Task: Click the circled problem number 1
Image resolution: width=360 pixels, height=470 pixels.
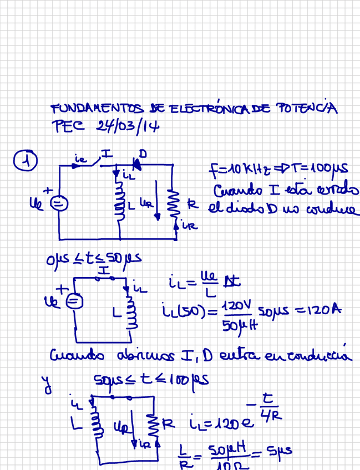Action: tap(26, 160)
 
